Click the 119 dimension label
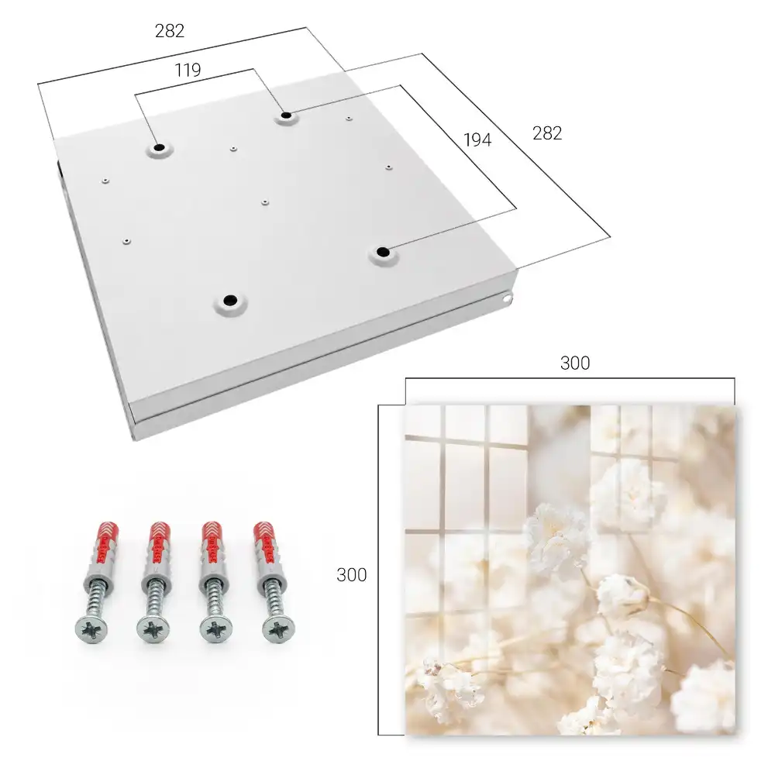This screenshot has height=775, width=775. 188,71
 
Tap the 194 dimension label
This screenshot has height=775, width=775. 477,140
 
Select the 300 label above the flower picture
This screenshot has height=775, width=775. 575,363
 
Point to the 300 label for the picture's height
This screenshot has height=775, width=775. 351,575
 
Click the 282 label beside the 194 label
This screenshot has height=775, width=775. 547,133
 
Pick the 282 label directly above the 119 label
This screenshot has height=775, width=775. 170,31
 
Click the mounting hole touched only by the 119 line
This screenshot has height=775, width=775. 159,148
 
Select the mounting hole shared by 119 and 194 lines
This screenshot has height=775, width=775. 286,116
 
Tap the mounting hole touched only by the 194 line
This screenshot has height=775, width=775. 382,252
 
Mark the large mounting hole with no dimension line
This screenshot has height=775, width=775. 230,300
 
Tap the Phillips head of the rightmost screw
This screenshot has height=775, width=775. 279,629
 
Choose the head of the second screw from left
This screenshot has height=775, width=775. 153,630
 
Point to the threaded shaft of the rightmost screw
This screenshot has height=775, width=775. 272,598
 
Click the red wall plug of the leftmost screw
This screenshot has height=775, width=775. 103,544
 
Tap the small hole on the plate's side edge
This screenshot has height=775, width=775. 506,298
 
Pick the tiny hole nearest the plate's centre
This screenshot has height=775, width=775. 265,202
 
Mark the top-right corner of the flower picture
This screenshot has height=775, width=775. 735,406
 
